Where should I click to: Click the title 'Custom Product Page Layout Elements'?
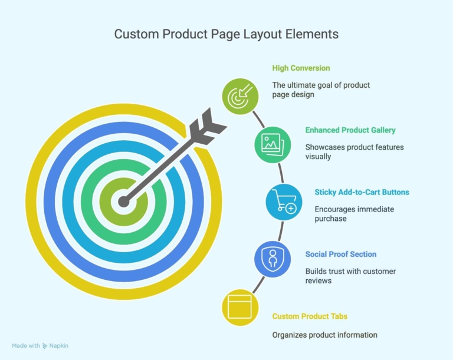pyautogui.click(x=226, y=34)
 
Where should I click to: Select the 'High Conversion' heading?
pyautogui.click(x=301, y=68)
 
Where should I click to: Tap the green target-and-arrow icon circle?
pyautogui.click(x=240, y=97)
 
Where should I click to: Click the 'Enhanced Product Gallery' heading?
pyautogui.click(x=350, y=130)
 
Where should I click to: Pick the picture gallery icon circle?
pyautogui.click(x=273, y=144)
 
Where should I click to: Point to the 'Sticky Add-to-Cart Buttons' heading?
pyautogui.click(x=362, y=192)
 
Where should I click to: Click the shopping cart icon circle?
pyautogui.click(x=284, y=202)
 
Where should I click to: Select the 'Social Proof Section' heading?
pyautogui.click(x=341, y=255)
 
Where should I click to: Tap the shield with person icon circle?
pyautogui.click(x=273, y=259)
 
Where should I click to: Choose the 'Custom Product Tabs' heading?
pyautogui.click(x=310, y=316)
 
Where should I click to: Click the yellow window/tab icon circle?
pyautogui.click(x=240, y=308)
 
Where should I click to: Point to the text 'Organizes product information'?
pyautogui.click(x=325, y=335)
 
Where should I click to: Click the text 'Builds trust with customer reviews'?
pyautogui.click(x=350, y=276)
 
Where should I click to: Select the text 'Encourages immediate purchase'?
pyautogui.click(x=354, y=214)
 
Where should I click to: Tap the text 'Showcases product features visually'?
pyautogui.click(x=354, y=152)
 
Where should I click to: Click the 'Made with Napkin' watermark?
pyautogui.click(x=40, y=346)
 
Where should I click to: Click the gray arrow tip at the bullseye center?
pyautogui.click(x=124, y=202)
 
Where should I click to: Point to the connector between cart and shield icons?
pyautogui.click(x=281, y=230)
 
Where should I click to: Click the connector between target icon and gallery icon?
pyautogui.click(x=258, y=120)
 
